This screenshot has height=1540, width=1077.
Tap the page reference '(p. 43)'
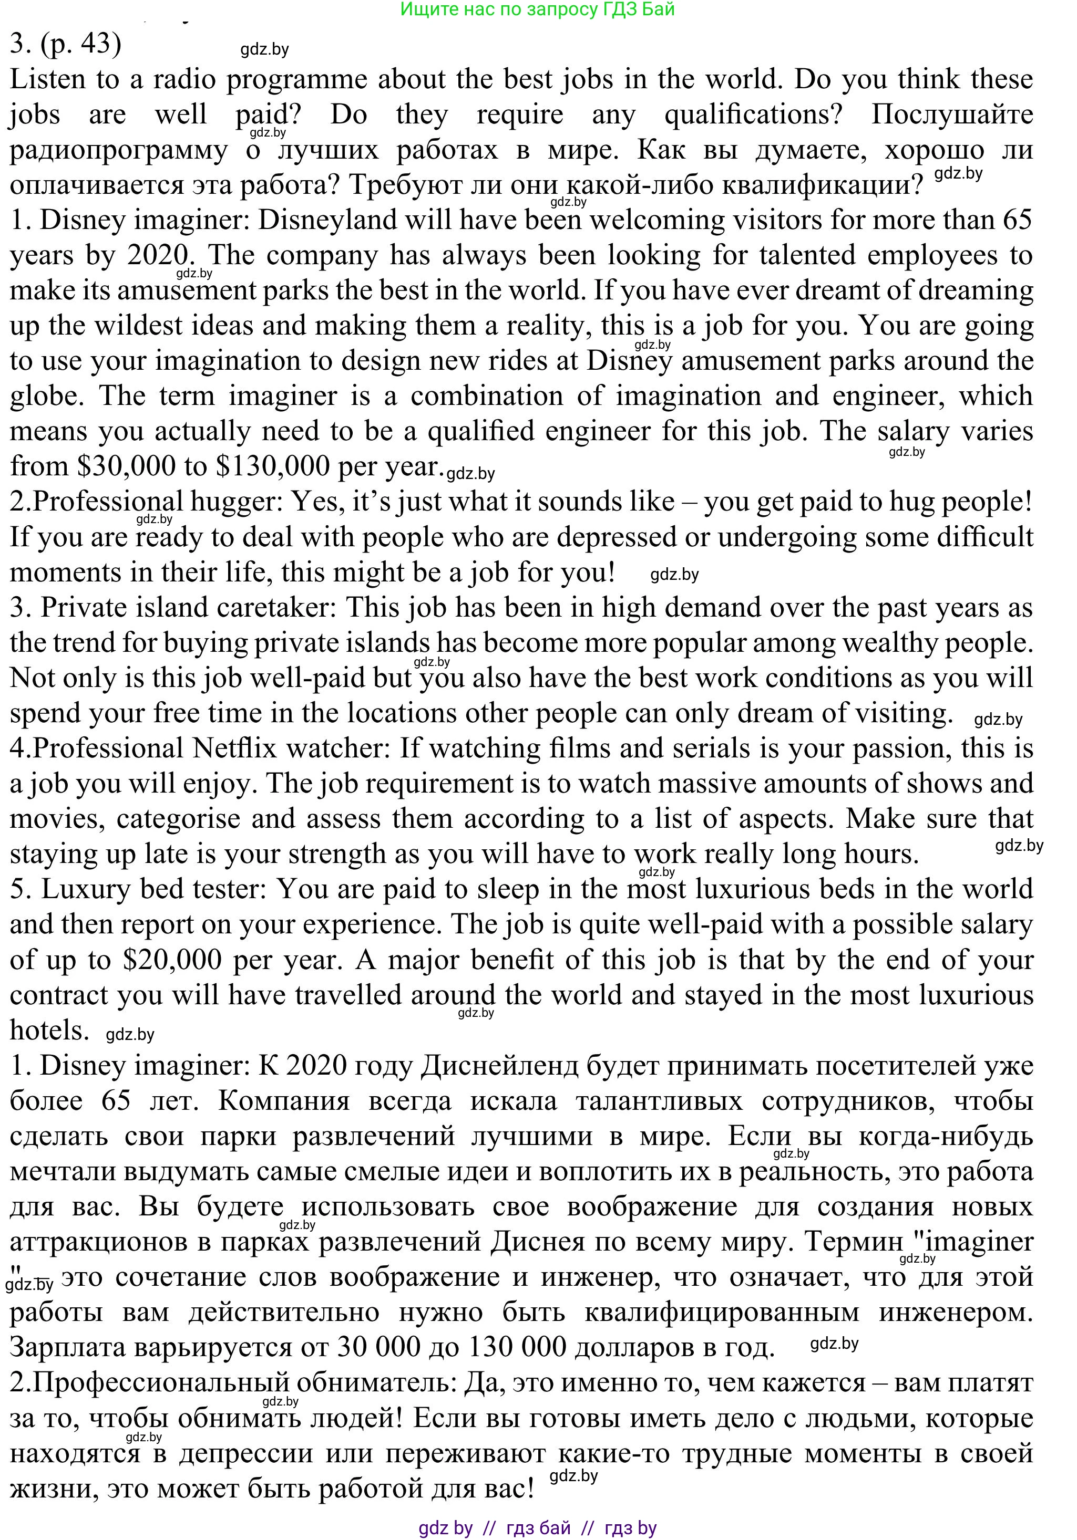pos(81,44)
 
